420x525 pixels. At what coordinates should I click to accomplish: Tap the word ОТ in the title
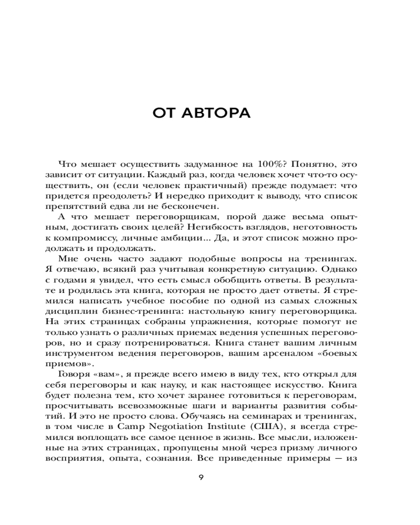[x=164, y=113]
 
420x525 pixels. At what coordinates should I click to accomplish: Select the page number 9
[x=202, y=477]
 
